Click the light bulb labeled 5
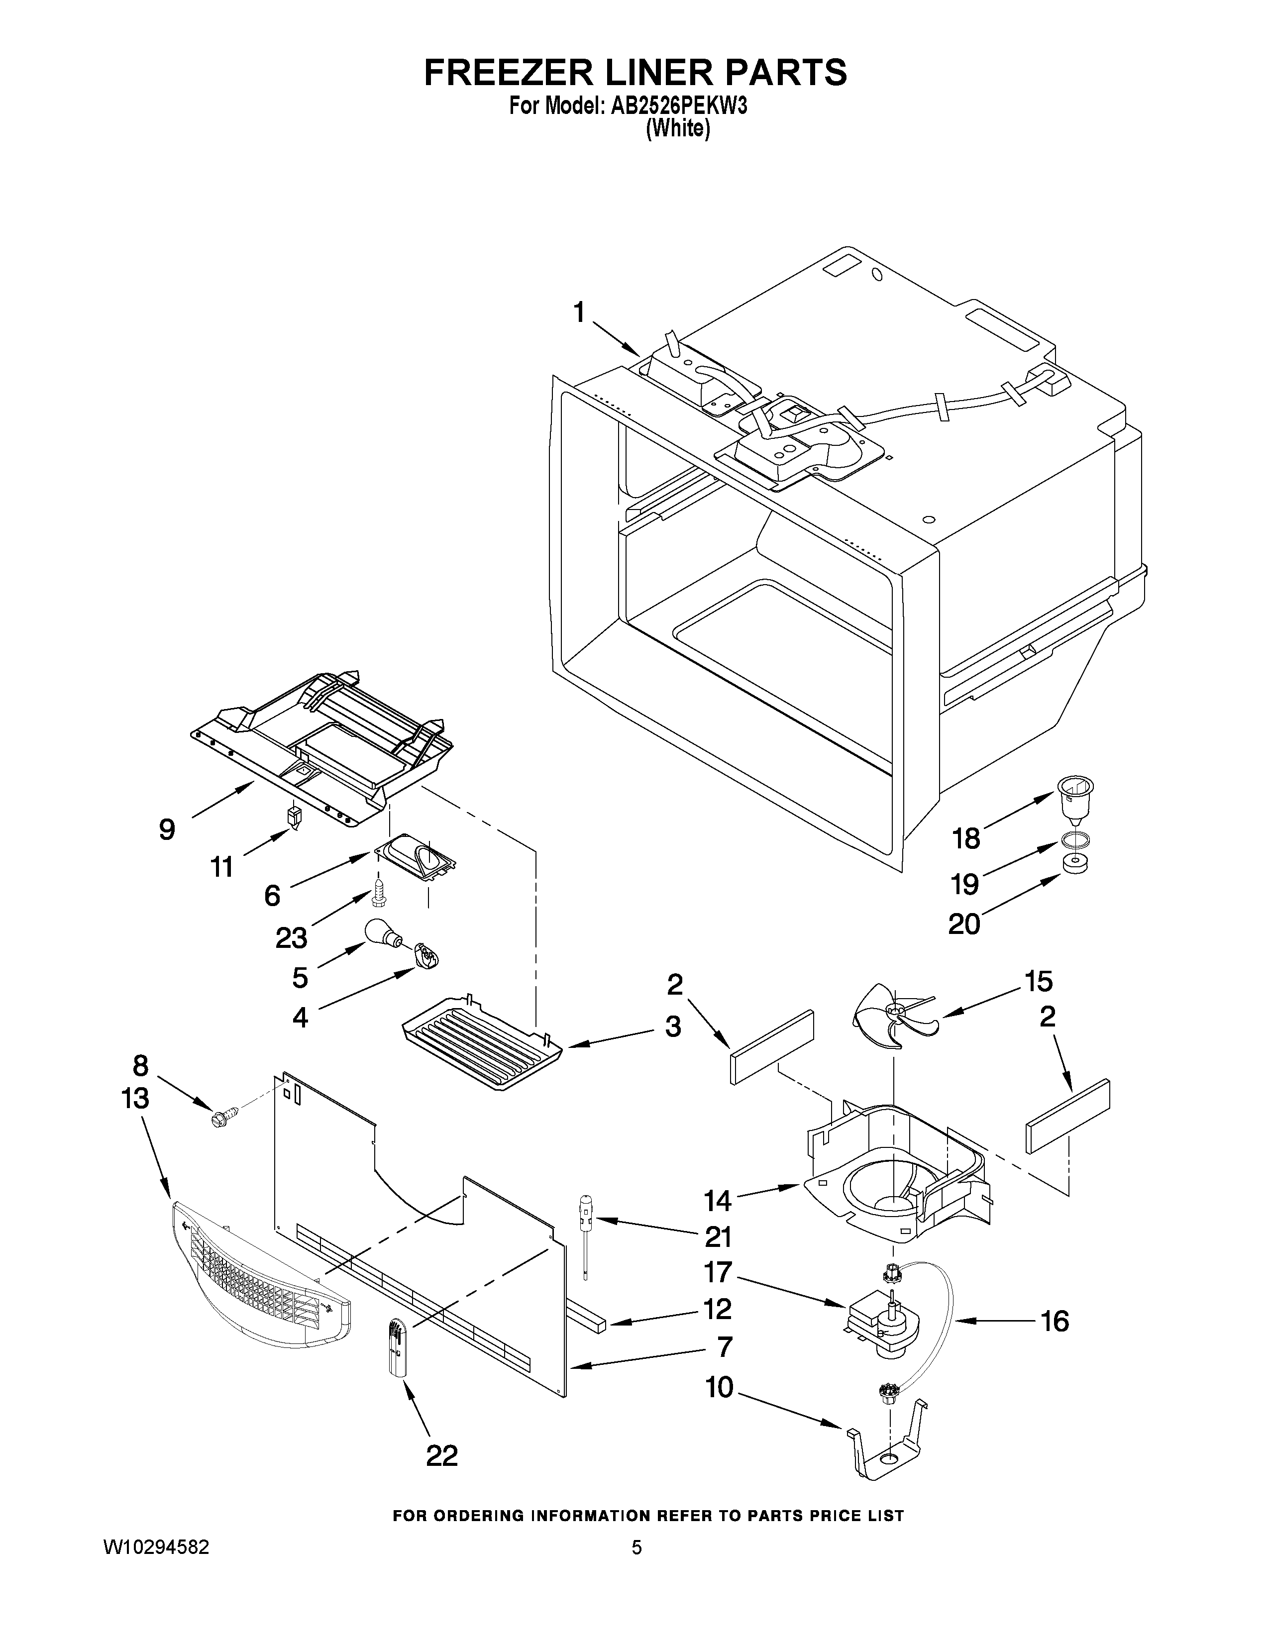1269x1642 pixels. tap(384, 934)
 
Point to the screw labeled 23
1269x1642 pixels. tap(380, 895)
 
